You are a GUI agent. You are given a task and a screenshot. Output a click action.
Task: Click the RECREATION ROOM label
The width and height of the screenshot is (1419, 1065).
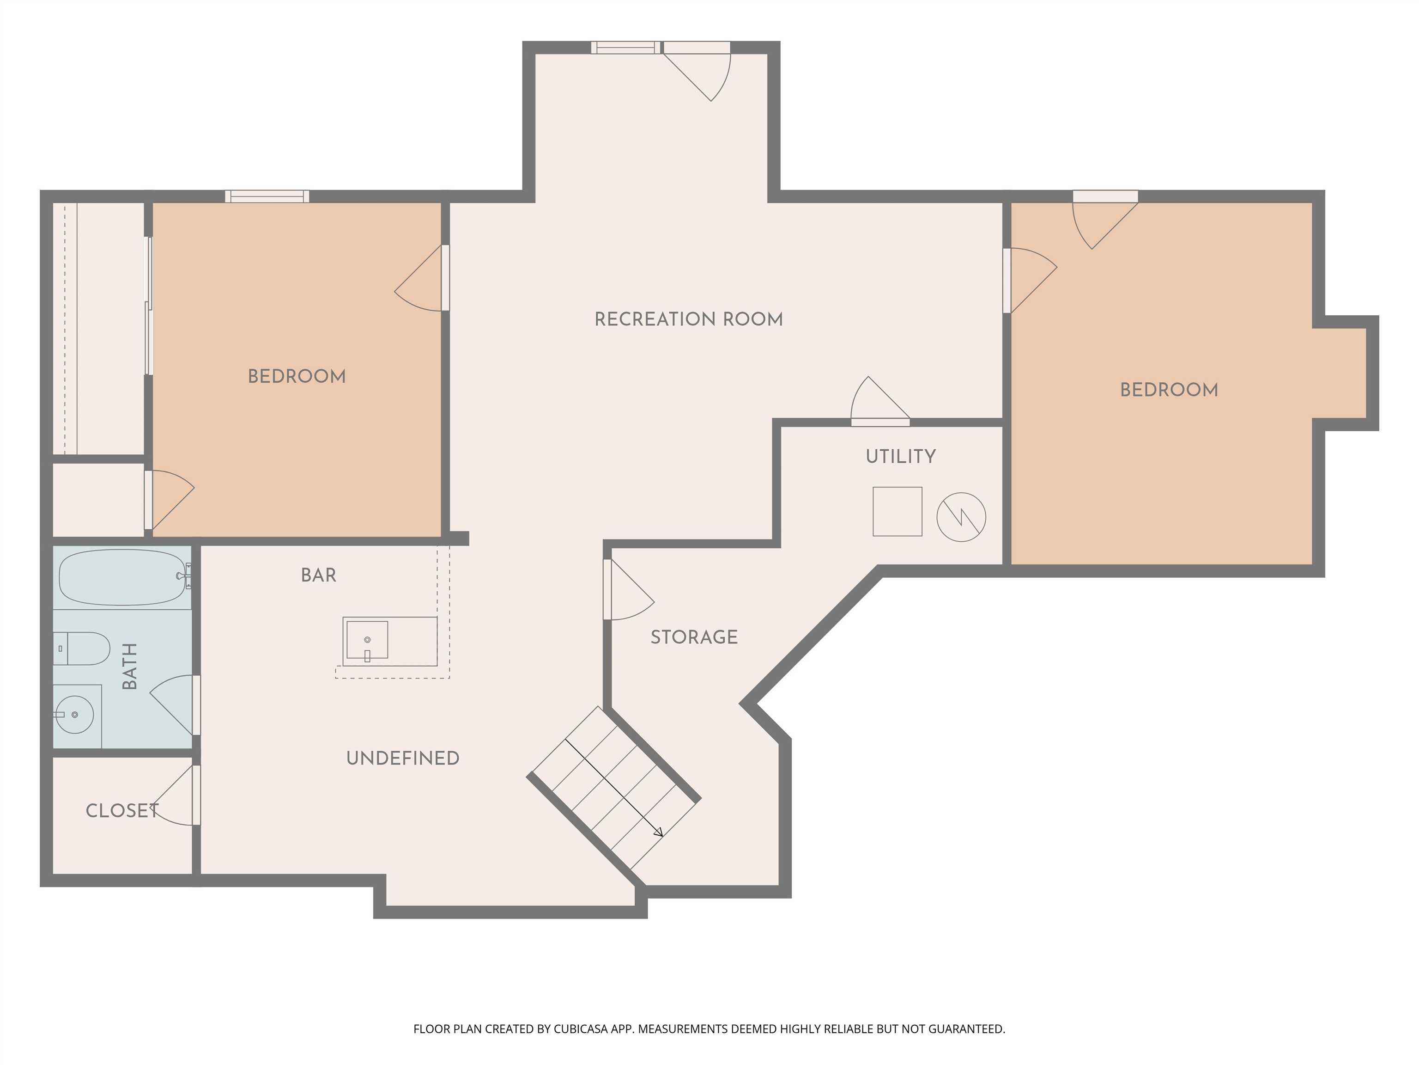(688, 319)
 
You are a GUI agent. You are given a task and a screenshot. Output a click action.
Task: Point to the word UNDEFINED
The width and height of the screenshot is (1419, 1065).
(402, 758)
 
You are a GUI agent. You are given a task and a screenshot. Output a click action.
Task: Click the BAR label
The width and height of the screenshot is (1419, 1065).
(318, 575)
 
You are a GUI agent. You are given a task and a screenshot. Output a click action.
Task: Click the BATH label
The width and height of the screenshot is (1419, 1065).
(130, 667)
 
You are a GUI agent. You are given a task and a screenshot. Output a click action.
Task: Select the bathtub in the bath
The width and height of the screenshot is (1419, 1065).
(122, 576)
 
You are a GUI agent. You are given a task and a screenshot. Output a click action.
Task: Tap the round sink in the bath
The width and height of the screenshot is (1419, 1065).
(74, 714)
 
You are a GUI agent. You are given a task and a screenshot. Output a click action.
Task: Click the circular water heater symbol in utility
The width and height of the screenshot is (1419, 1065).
(961, 517)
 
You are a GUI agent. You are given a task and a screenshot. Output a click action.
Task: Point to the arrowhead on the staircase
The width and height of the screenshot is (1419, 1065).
(659, 832)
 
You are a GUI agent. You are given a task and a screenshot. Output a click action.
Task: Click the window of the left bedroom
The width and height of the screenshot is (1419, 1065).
(267, 196)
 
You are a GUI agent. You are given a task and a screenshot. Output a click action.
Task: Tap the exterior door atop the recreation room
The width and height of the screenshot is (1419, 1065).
(699, 71)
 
